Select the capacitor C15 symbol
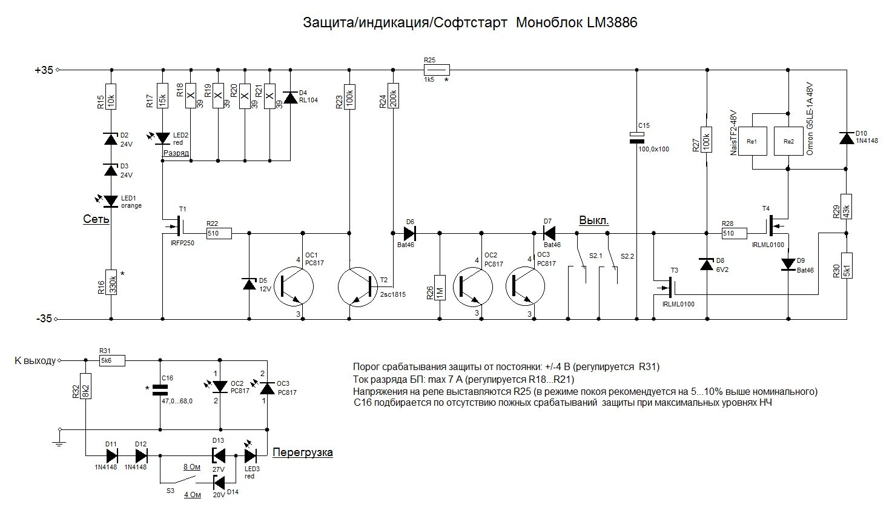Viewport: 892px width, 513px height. click(x=636, y=137)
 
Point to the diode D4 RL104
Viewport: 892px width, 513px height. click(x=291, y=98)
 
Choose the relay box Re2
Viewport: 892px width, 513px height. click(x=788, y=141)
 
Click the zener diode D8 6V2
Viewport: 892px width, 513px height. click(x=707, y=265)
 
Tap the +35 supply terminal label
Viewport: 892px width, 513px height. click(x=44, y=70)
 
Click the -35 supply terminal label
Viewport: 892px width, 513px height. click(x=44, y=318)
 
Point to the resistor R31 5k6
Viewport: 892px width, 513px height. click(x=112, y=361)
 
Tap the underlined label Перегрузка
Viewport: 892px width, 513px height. click(x=303, y=452)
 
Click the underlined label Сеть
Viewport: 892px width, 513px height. click(x=96, y=219)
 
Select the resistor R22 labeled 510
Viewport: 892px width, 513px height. click(x=219, y=233)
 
